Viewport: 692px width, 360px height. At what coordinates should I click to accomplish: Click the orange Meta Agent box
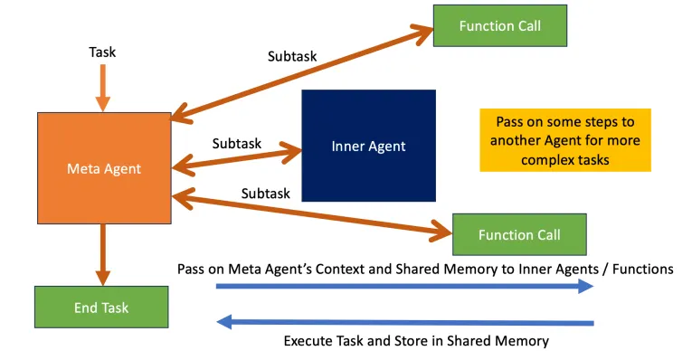(104, 167)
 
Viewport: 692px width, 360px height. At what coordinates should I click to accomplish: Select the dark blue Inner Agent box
(368, 146)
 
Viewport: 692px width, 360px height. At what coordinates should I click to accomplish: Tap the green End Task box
(100, 308)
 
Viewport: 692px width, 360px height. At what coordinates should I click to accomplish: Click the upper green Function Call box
(499, 25)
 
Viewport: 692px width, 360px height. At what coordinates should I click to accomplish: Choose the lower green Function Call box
(518, 234)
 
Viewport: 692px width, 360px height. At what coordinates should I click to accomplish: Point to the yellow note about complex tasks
(564, 140)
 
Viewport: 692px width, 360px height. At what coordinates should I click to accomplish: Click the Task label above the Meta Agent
(102, 52)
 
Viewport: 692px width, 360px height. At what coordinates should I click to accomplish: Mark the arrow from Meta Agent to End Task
(102, 253)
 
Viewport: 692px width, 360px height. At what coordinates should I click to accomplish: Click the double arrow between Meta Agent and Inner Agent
(235, 158)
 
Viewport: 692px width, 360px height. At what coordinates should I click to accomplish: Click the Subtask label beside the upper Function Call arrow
(291, 56)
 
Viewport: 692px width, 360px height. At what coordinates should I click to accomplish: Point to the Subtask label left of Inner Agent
(237, 143)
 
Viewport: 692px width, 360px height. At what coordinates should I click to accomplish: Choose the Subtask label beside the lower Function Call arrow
(265, 194)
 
